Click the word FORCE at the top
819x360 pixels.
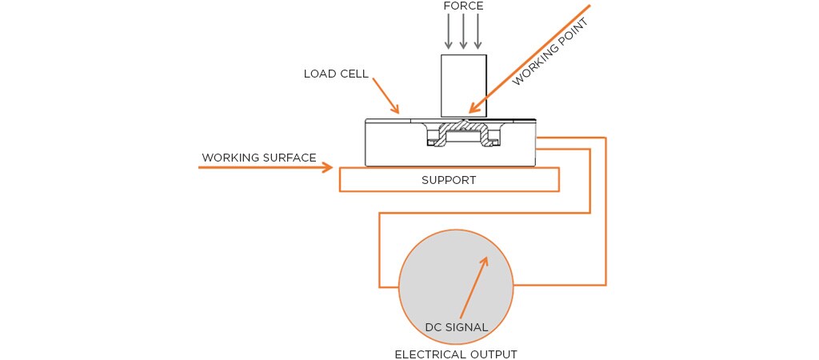[x=464, y=6]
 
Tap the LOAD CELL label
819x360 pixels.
[x=336, y=74]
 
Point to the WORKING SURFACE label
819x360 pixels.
[x=259, y=158]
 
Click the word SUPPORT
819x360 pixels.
[x=449, y=180]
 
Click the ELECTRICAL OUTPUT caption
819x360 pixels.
[x=456, y=354]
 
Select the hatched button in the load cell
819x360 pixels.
[x=462, y=128]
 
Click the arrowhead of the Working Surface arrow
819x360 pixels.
[x=328, y=167]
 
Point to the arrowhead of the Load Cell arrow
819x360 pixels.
[x=396, y=110]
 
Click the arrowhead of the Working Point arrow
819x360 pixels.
[x=474, y=109]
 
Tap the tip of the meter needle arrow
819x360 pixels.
[x=485, y=258]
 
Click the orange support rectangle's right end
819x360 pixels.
[x=557, y=180]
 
